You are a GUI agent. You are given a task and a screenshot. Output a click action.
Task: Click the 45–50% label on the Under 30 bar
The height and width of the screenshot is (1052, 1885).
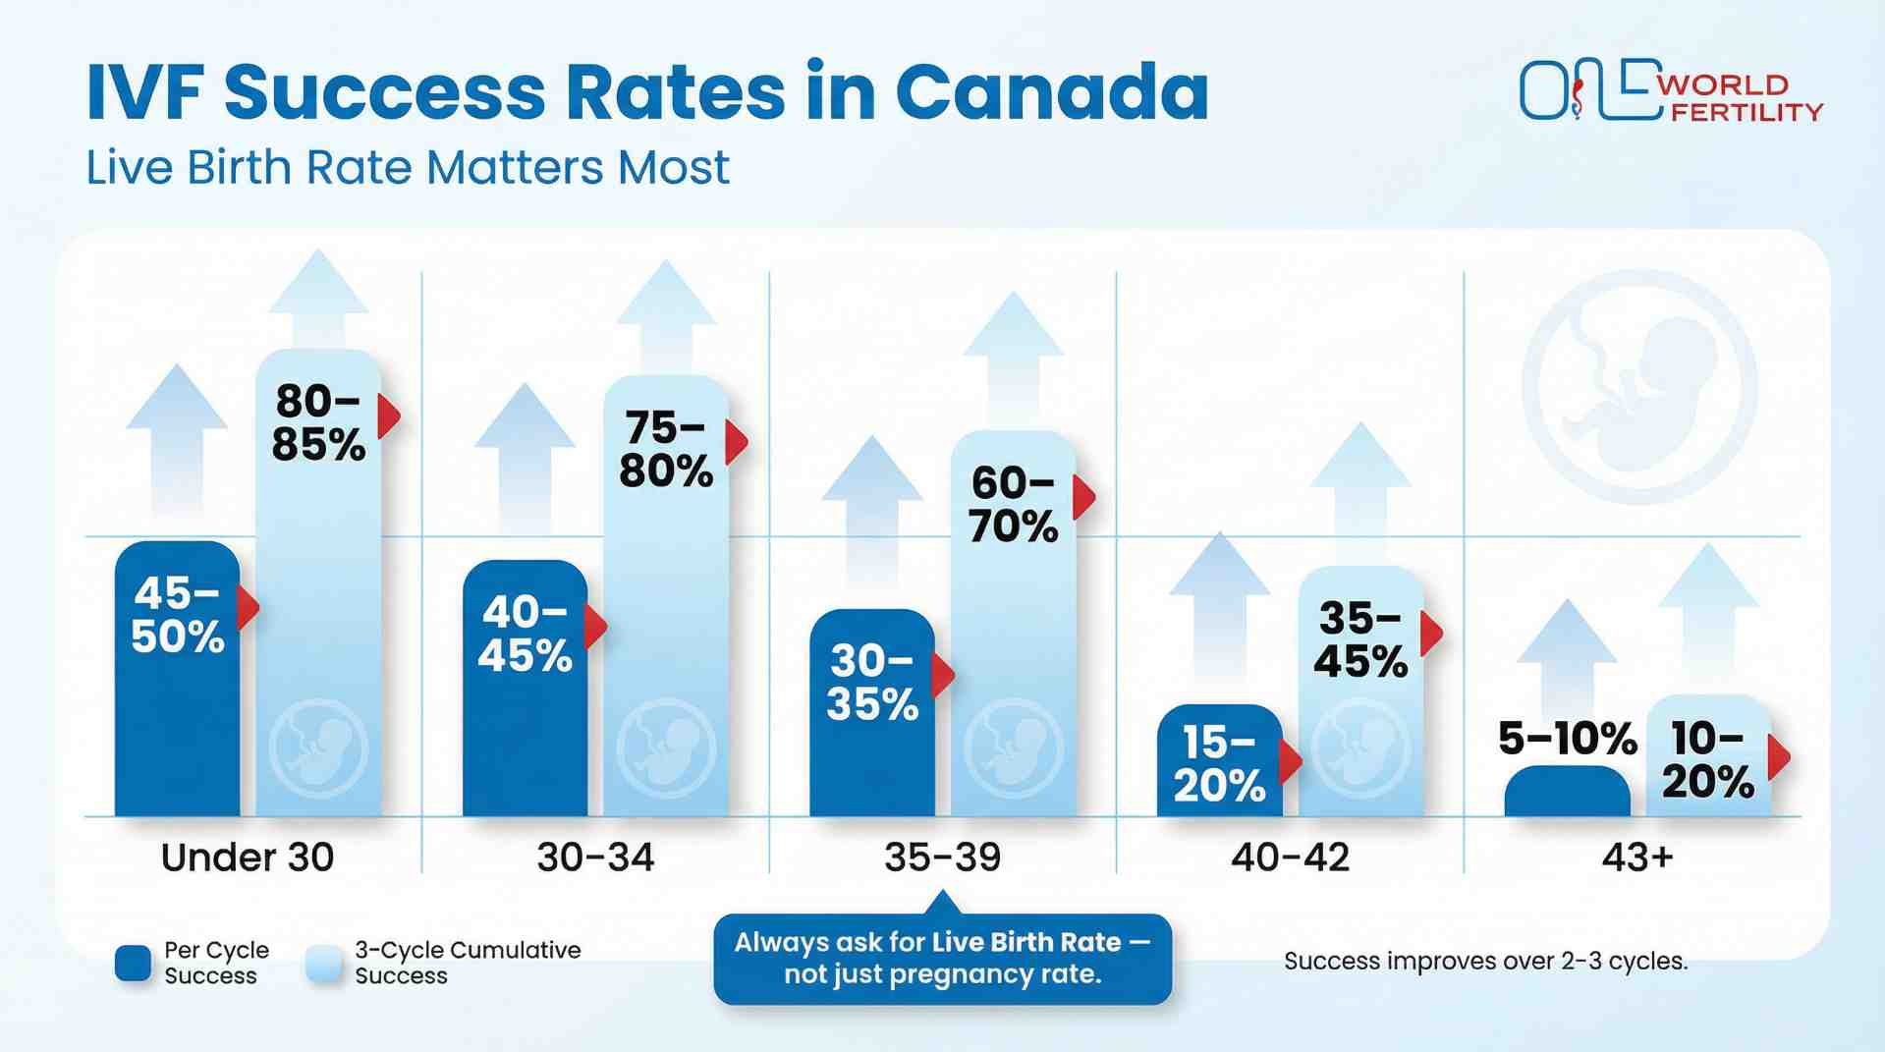(178, 615)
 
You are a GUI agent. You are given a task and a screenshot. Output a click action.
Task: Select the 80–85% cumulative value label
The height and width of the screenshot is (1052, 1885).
(318, 423)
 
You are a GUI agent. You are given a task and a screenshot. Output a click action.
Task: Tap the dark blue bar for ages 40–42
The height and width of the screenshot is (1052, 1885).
(1219, 761)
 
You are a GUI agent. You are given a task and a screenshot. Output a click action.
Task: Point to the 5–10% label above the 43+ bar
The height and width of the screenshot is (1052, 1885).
(1567, 739)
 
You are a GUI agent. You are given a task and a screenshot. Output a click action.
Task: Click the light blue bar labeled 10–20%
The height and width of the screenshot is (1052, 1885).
(1708, 756)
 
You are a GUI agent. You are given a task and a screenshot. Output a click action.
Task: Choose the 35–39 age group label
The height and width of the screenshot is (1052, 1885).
(942, 858)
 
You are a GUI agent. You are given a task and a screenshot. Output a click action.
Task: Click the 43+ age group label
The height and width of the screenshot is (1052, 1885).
(1636, 858)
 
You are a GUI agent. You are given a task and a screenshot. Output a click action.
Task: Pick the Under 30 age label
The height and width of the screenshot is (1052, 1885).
(248, 858)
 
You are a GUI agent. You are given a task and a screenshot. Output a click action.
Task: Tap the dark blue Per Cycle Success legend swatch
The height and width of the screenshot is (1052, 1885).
(133, 964)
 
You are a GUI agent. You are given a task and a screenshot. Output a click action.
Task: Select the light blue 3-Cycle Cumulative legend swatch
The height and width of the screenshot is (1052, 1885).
(323, 964)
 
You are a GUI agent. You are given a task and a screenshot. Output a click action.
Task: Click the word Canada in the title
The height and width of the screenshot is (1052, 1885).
(1051, 92)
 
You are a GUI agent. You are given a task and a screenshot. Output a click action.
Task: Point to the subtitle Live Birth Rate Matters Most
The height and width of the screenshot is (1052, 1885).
(408, 167)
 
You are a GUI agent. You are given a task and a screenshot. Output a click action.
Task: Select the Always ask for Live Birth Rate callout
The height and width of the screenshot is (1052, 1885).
(942, 959)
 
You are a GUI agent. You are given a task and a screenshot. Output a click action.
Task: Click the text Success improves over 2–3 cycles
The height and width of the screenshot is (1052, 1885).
(1485, 961)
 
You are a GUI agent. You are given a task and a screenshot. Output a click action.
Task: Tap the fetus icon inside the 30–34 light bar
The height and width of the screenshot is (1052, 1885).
(666, 749)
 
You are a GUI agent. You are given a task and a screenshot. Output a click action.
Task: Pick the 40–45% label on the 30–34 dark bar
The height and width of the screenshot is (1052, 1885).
(526, 634)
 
